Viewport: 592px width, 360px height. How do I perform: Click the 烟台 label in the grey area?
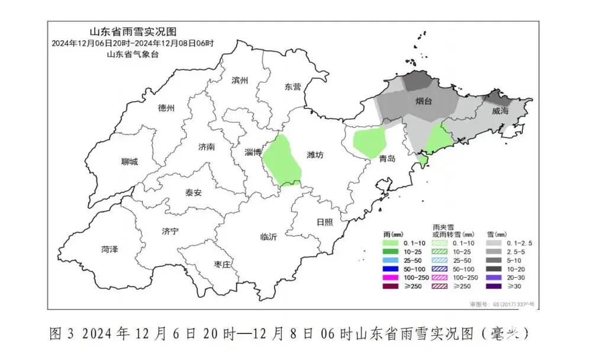pos(423,101)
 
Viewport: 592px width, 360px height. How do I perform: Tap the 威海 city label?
pos(500,111)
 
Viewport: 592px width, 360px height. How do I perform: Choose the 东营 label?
pos(292,86)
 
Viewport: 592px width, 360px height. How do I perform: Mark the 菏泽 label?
pos(110,249)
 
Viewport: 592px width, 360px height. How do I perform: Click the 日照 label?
pos(324,222)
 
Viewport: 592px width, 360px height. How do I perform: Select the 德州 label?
pos(166,108)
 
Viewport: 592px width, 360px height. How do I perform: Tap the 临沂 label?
pos(268,237)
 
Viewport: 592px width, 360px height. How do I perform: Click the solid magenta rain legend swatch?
pos(390,277)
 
